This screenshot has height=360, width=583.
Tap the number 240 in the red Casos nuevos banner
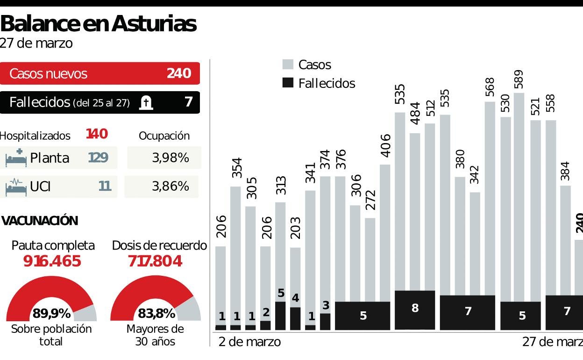[x=179, y=73]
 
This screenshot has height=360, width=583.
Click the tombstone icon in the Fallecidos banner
[x=146, y=102]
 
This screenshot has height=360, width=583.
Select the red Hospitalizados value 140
[x=97, y=134]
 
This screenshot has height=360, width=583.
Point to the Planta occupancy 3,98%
[x=170, y=158]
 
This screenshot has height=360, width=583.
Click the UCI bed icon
[x=15, y=187]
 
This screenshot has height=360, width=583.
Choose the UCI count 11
[x=105, y=187]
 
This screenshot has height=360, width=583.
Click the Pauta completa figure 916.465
[x=52, y=261]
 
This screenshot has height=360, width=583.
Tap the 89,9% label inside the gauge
[x=51, y=313]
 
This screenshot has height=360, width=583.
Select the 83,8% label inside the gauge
[x=156, y=313]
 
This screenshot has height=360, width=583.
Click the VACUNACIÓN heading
[x=40, y=221]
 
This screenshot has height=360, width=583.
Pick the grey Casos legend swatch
[x=288, y=65]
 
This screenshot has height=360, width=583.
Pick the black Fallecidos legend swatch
[x=288, y=83]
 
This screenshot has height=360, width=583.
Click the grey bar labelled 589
[x=519, y=196]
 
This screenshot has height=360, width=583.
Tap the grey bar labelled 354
[x=235, y=252]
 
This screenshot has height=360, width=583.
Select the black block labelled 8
[x=415, y=310]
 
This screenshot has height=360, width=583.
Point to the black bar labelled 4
[x=295, y=319]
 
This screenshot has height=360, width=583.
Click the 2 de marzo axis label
[x=250, y=342]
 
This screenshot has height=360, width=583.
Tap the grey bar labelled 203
[x=295, y=276]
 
